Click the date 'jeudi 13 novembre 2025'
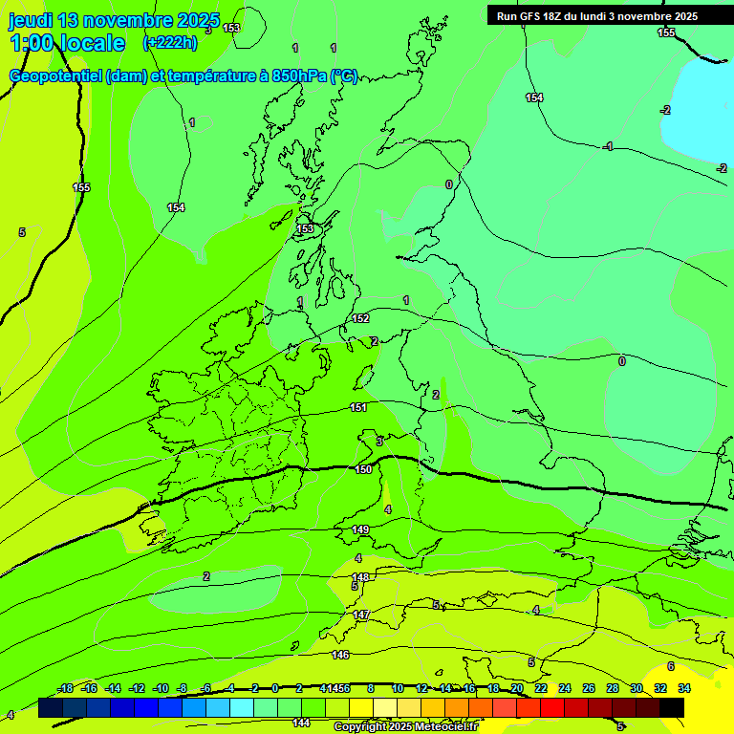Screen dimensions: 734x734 click(x=114, y=20)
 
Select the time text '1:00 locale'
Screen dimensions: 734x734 click(x=67, y=43)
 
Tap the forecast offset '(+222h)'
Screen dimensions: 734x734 click(x=170, y=42)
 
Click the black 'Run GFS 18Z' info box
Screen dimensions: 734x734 click(x=597, y=15)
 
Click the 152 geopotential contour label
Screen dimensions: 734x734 click(x=360, y=318)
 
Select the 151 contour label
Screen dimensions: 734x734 click(x=358, y=408)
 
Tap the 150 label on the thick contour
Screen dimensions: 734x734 click(x=363, y=469)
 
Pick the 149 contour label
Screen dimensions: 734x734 click(x=360, y=529)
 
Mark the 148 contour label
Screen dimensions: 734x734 click(x=360, y=577)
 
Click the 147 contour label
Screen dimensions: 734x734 click(x=361, y=615)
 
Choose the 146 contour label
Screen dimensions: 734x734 click(x=340, y=655)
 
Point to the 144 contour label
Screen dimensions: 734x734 click(x=301, y=723)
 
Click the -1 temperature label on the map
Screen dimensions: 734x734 click(x=608, y=146)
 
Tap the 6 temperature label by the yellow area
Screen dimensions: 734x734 click(x=670, y=666)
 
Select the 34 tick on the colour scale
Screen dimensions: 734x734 click(x=684, y=688)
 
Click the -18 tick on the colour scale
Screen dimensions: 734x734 click(x=65, y=688)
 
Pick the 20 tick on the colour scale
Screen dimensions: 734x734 click(x=516, y=688)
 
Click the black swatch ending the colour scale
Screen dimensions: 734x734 click(x=672, y=707)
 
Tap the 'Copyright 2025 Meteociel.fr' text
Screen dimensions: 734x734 click(x=405, y=727)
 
